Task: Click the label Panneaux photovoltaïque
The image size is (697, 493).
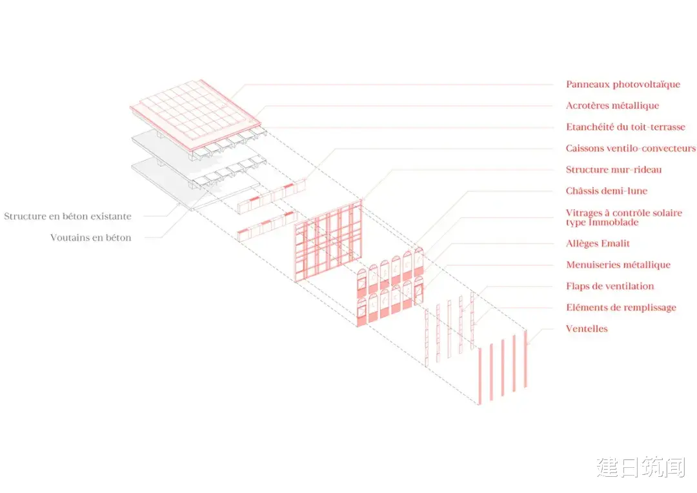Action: [x=623, y=85]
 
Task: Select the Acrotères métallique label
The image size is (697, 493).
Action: [x=612, y=106]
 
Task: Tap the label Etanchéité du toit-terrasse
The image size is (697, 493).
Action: [x=625, y=127]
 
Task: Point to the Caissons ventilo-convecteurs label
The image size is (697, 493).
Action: [x=631, y=148]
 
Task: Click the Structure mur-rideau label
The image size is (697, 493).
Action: [x=614, y=169]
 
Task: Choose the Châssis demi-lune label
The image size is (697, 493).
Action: [x=606, y=191]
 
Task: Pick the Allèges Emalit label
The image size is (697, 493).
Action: [x=598, y=244]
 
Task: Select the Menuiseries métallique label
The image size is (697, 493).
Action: [x=618, y=265]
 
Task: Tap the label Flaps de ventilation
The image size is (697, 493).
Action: [x=610, y=287]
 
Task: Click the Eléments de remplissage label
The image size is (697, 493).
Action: [x=621, y=308]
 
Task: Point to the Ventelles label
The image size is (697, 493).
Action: [x=587, y=329]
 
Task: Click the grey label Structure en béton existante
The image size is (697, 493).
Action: [x=68, y=216]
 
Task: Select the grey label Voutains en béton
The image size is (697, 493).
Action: [x=91, y=238]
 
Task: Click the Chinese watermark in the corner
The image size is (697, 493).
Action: [x=641, y=467]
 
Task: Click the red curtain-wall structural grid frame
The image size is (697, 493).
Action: [x=328, y=241]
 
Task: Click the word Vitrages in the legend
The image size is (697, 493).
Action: [x=583, y=213]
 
